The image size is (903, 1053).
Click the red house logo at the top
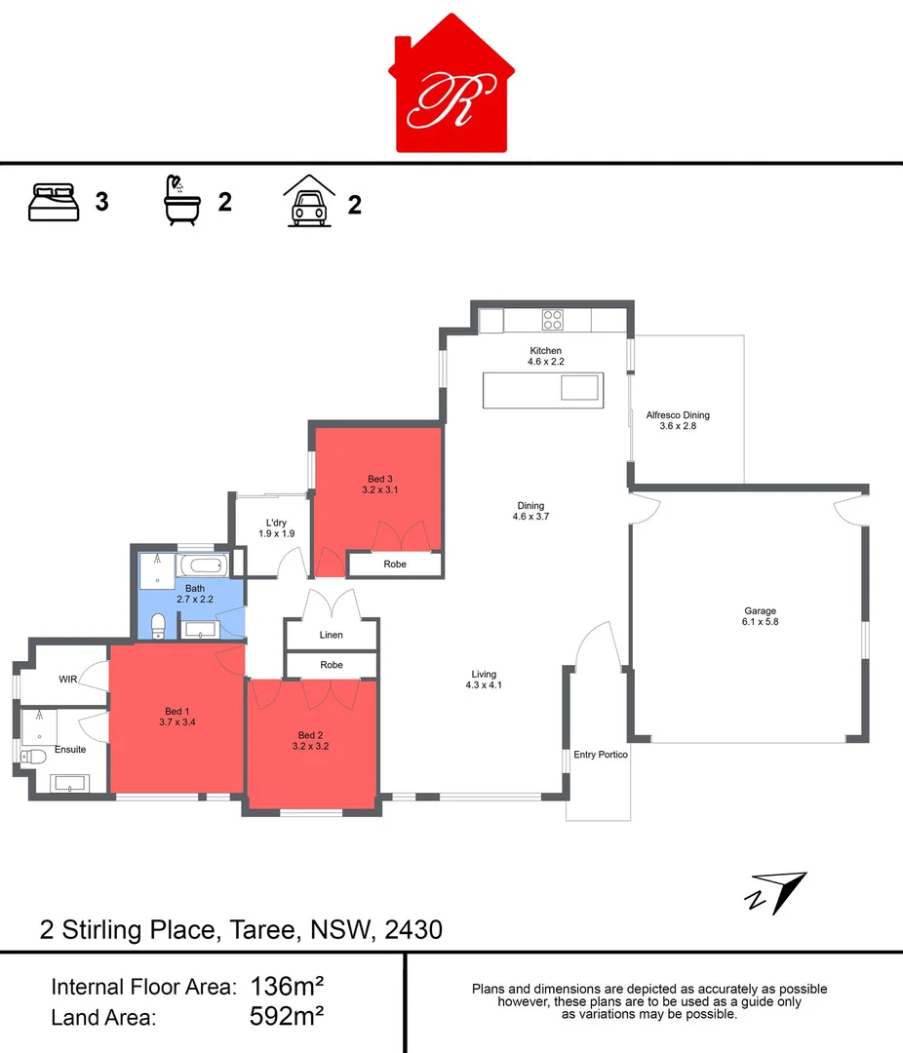pos(451,88)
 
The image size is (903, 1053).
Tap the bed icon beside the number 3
pos(53,202)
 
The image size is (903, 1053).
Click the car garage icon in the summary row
pos(308,202)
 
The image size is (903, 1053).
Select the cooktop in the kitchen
pos(553,319)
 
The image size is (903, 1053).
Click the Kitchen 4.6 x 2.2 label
pos(545,356)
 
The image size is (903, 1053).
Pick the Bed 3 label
pos(379,484)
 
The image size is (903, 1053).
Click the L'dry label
pos(276,527)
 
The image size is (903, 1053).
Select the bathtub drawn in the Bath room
pos(202,565)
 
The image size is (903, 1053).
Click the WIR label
pos(67,679)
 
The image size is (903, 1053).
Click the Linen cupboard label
pos(331,635)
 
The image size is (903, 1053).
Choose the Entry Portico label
pos(600,755)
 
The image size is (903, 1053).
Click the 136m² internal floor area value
pos(287,986)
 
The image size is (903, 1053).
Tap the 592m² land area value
pos(287,1017)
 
